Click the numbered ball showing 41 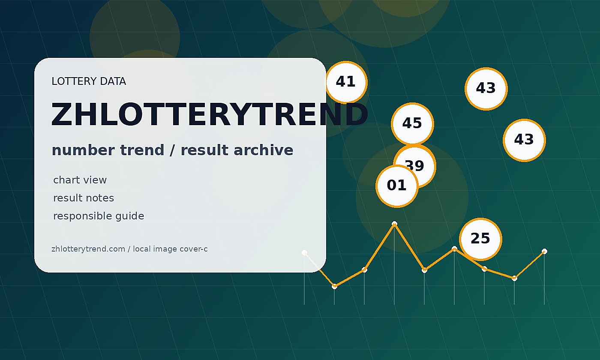pyautogui.click(x=346, y=82)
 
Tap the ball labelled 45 pyautogui.click(x=412, y=124)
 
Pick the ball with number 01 pyautogui.click(x=397, y=186)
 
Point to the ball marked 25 pyautogui.click(x=480, y=239)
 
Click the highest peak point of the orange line pyautogui.click(x=394, y=223)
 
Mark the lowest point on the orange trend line pyautogui.click(x=334, y=287)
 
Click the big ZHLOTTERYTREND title pyautogui.click(x=210, y=115)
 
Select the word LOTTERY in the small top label pyautogui.click(x=74, y=81)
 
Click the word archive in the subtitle pyautogui.click(x=263, y=150)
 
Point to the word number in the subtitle pyautogui.click(x=84, y=150)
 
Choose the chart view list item pyautogui.click(x=80, y=180)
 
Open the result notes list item pyautogui.click(x=84, y=198)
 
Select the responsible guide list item pyautogui.click(x=99, y=216)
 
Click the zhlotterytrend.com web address pyautogui.click(x=88, y=249)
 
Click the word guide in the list pyautogui.click(x=129, y=216)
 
